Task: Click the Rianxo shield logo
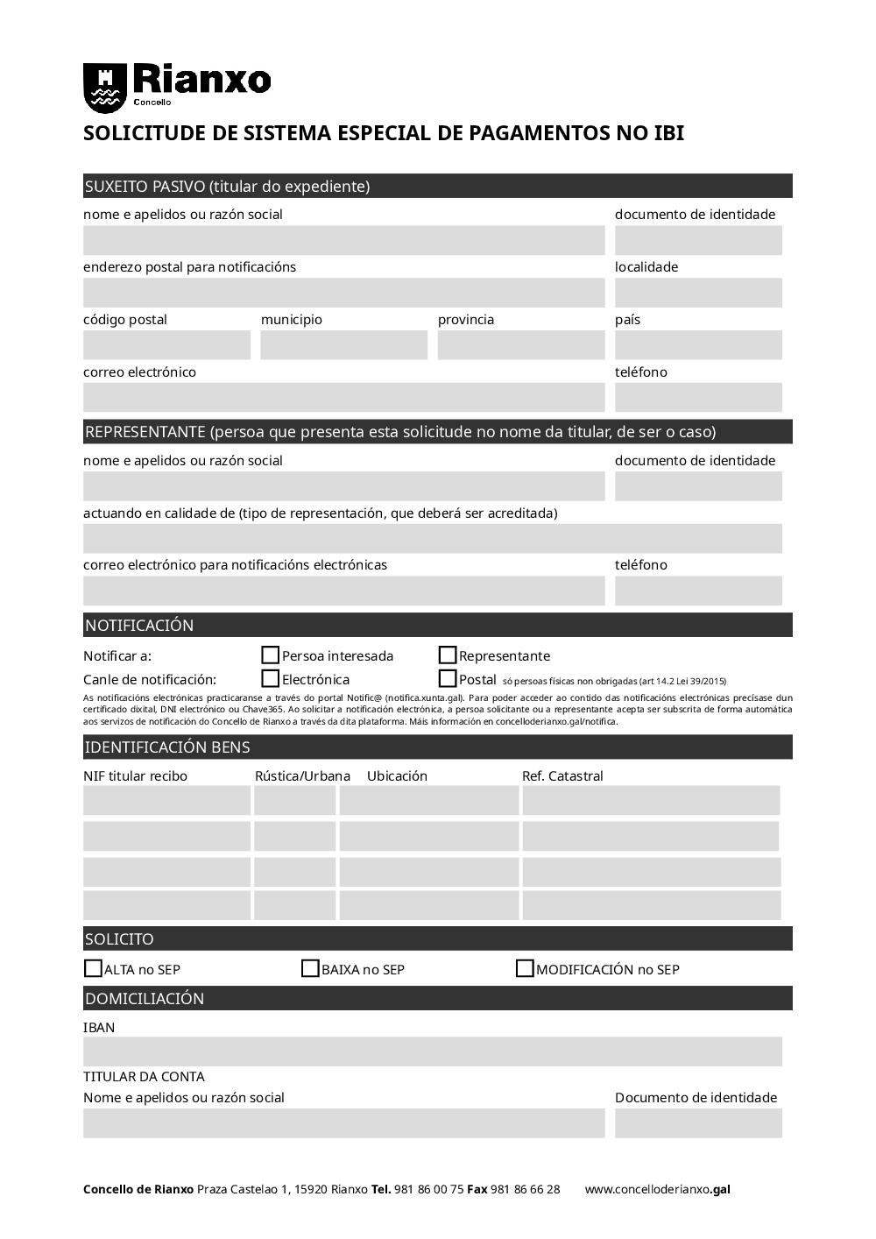coord(104,88)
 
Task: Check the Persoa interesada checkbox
coord(271,655)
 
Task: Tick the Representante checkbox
coord(448,655)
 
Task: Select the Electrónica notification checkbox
coord(271,679)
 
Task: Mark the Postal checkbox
coord(448,679)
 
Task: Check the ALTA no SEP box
coord(93,969)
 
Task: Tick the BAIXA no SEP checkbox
coord(310,969)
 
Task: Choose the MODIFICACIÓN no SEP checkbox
coord(525,969)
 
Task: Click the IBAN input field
coord(433,1051)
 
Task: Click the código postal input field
coord(166,345)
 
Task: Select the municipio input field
coord(343,345)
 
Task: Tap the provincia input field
coord(521,345)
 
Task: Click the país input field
coord(698,345)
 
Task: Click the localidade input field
coord(698,293)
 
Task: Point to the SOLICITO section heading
coord(119,939)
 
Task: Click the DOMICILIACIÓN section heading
coord(145,999)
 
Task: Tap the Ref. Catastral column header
coord(562,776)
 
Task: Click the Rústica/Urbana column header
coord(302,776)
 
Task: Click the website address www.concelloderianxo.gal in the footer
coord(657,1190)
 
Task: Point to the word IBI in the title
coord(668,133)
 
